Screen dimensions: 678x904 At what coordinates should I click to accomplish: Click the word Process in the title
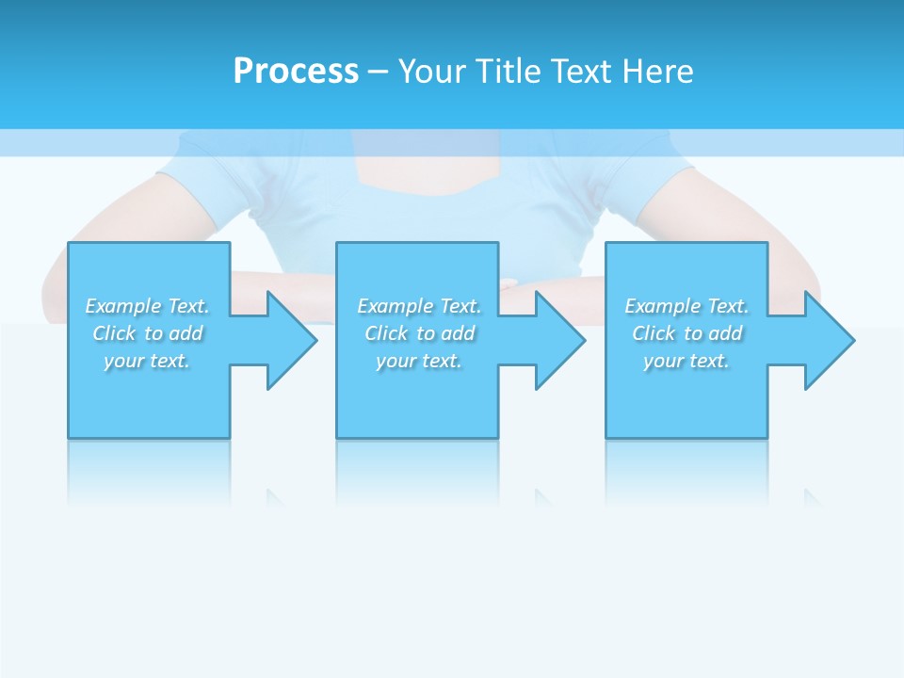(x=296, y=72)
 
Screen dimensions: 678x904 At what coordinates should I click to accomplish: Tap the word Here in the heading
(x=656, y=72)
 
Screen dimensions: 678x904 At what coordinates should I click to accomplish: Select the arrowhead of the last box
(x=828, y=340)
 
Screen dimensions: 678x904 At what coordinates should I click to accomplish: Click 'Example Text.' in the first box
(x=147, y=306)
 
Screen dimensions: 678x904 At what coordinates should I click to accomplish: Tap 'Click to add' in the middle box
(x=419, y=333)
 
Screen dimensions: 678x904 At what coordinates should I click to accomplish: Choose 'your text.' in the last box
(x=686, y=361)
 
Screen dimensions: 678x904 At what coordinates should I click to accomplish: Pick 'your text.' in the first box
(x=147, y=361)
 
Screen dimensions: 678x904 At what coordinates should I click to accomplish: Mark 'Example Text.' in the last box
(x=686, y=306)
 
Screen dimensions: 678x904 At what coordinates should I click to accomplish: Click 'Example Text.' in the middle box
(x=419, y=306)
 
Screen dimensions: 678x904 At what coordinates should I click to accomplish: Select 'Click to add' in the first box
(x=147, y=333)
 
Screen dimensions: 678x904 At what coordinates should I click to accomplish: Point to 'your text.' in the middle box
(x=419, y=361)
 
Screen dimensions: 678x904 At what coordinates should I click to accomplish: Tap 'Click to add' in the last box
(x=686, y=333)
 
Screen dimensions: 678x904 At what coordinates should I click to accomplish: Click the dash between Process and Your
(x=378, y=72)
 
